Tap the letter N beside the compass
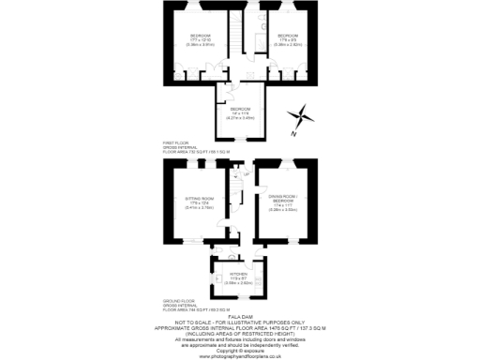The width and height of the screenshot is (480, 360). pos(292,134)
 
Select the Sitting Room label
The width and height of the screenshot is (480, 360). pos(188,198)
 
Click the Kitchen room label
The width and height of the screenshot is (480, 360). pos(238,275)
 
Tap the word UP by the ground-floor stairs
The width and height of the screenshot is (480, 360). pos(246,174)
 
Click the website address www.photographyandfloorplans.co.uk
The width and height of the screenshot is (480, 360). pos(240,354)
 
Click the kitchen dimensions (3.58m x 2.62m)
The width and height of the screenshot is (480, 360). pos(238,282)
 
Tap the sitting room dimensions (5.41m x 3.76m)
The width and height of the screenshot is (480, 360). pos(188,207)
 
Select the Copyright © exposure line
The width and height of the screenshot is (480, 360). pos(240,348)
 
